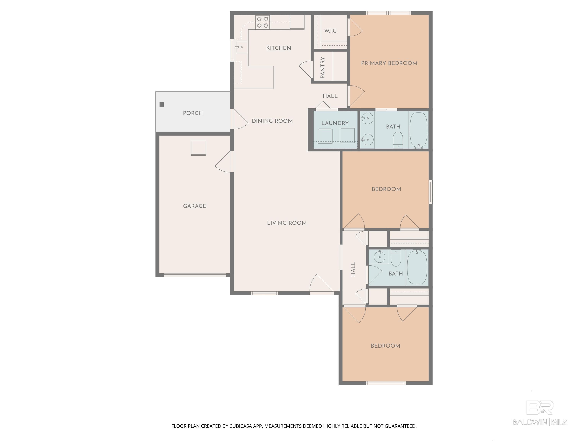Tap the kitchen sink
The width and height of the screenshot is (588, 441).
click(241, 47)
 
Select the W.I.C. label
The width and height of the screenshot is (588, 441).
click(331, 31)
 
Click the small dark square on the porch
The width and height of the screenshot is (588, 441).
click(162, 105)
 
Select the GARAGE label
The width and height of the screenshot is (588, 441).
click(195, 206)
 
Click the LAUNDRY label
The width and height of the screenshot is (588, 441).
click(335, 123)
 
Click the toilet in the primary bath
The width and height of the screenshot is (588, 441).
click(398, 140)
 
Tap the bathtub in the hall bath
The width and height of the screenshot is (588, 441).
click(417, 267)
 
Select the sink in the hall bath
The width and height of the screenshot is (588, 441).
click(379, 257)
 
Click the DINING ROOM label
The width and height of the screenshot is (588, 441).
click(272, 121)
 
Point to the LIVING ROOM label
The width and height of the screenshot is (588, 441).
click(287, 223)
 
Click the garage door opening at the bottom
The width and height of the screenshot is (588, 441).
click(195, 275)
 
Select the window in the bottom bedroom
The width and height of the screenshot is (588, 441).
click(386, 383)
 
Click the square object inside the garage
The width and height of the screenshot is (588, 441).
click(198, 148)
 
